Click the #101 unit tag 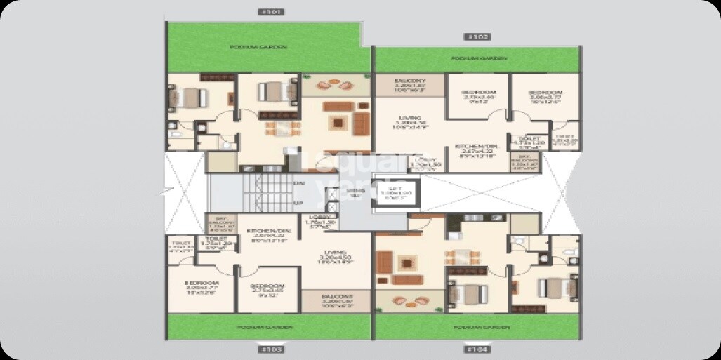click(x=270, y=12)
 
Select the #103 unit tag click(x=270, y=349)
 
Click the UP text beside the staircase click(x=298, y=203)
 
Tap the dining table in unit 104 click(x=461, y=256)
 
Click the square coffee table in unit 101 click(x=340, y=124)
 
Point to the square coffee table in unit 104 click(x=406, y=262)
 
